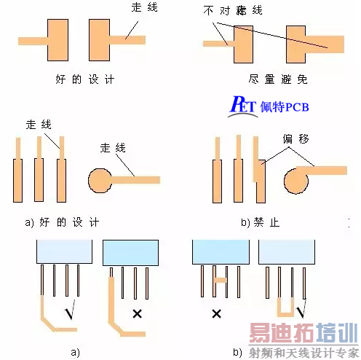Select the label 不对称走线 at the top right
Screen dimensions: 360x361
click(x=234, y=11)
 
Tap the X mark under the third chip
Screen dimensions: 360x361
click(x=215, y=313)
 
